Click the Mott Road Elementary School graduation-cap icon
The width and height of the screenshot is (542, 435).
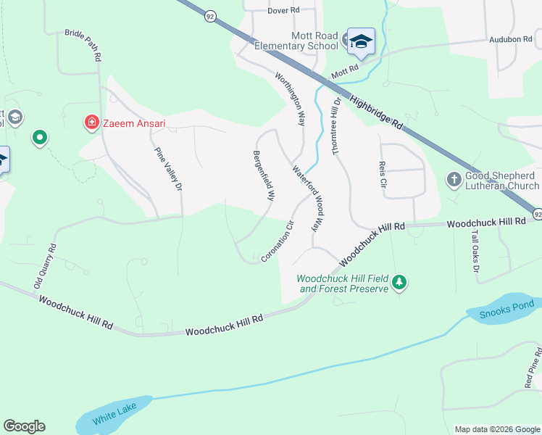(x=361, y=42)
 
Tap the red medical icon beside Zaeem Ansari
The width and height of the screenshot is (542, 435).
(x=91, y=123)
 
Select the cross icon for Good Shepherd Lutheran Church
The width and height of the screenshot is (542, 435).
(x=454, y=179)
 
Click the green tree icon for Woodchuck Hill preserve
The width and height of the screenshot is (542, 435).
(x=399, y=282)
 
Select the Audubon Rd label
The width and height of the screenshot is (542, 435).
(x=511, y=40)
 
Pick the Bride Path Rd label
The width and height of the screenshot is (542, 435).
(x=82, y=44)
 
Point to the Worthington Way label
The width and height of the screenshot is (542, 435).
(x=289, y=98)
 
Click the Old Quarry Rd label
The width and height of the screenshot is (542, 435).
(x=45, y=266)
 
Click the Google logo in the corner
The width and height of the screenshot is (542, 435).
(x=24, y=426)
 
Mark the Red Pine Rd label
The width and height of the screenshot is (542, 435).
(x=533, y=367)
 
